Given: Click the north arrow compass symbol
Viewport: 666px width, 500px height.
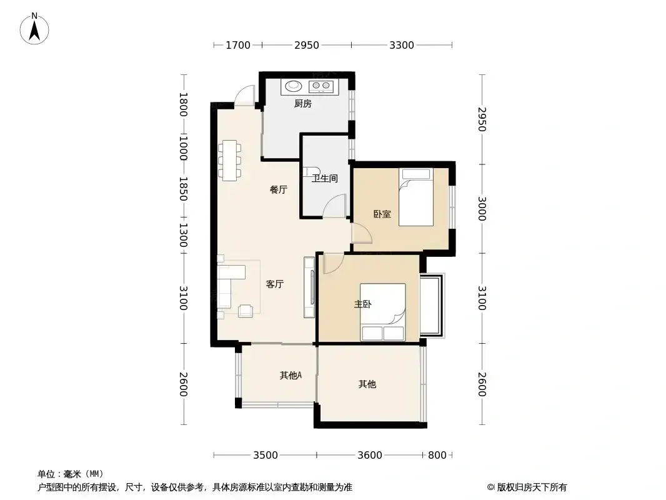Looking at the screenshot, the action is [34, 29].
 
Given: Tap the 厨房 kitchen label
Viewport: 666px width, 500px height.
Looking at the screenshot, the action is [303, 103].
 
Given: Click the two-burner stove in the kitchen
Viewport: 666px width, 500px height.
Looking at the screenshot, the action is [322, 86].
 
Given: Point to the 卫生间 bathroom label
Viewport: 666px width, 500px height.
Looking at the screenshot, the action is [325, 178].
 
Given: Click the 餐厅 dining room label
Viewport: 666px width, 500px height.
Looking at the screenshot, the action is [279, 190].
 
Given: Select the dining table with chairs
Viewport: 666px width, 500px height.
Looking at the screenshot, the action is [229, 161].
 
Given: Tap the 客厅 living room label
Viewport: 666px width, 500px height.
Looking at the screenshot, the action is [275, 284].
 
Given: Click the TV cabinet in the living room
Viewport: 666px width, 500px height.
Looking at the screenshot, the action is [310, 287].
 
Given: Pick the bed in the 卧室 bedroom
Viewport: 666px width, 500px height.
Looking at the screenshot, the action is [416, 197].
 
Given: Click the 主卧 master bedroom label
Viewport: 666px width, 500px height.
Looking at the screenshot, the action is [363, 304].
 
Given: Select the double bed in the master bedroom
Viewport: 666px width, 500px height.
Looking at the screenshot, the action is [383, 312].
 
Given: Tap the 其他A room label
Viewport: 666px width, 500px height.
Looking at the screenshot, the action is [291, 375].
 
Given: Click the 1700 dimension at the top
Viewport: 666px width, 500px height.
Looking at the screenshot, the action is [238, 45].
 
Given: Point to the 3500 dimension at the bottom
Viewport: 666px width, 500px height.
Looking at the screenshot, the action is [266, 456].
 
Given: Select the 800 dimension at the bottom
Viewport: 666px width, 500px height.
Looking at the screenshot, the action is [437, 456].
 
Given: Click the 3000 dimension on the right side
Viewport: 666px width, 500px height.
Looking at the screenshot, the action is [482, 209].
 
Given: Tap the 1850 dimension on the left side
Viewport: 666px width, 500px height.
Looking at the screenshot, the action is [183, 189].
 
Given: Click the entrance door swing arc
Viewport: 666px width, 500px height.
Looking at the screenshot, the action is [245, 93].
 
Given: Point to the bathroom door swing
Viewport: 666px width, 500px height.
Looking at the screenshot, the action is [334, 206].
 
